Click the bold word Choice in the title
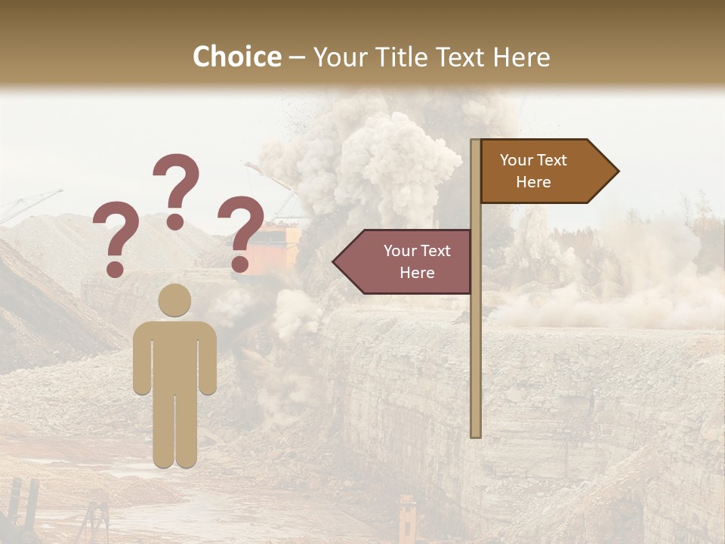tap(236, 57)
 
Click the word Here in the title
tap(520, 57)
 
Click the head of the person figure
tap(174, 300)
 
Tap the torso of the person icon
tap(174, 355)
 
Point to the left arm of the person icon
tap(141, 359)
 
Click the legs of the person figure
tap(174, 431)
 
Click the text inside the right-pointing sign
tap(533, 172)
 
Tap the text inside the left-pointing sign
tap(417, 261)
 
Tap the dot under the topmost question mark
tap(175, 221)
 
